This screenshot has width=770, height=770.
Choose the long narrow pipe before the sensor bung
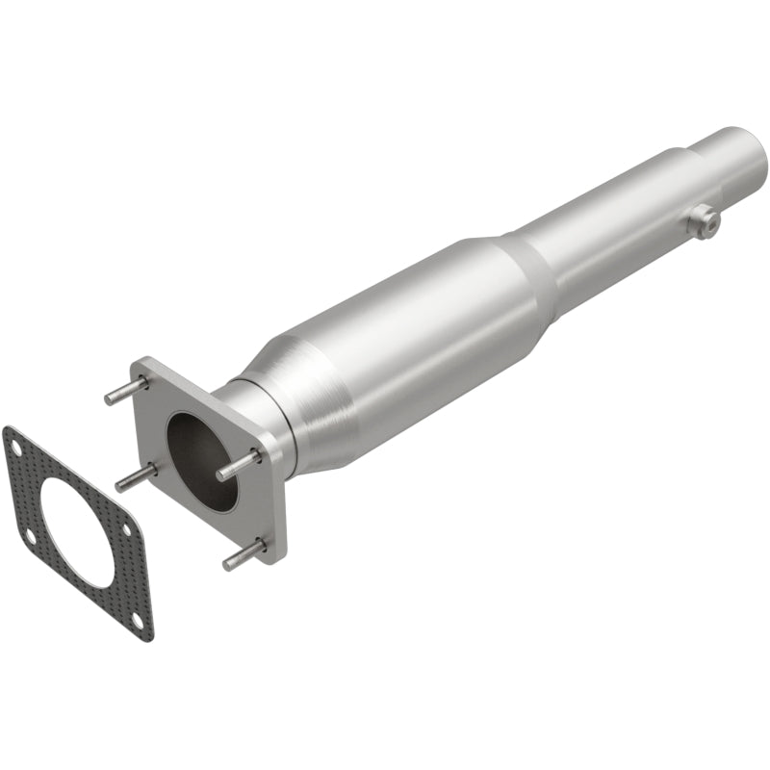point(616,217)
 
